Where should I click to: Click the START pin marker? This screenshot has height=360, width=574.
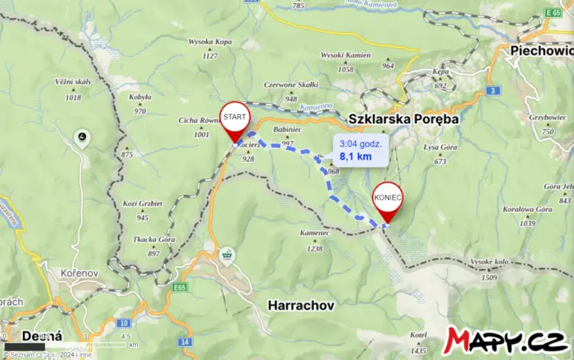(x=234, y=119)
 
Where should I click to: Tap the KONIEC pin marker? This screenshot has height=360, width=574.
(x=388, y=198)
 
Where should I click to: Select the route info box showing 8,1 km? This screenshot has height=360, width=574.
(x=360, y=149)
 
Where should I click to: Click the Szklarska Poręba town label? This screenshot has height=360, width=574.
(x=403, y=119)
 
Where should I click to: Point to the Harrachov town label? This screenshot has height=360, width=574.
(x=301, y=305)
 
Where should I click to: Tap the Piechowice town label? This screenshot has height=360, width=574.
(x=541, y=50)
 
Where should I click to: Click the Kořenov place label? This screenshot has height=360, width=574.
(x=82, y=272)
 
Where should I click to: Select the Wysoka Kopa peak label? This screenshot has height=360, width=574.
(x=209, y=42)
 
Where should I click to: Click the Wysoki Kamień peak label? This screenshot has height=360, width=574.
(x=346, y=55)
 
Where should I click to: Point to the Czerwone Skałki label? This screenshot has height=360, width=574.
(x=290, y=85)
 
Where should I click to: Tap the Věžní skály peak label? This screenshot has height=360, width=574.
(x=73, y=82)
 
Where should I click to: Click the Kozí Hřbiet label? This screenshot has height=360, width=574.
(x=142, y=203)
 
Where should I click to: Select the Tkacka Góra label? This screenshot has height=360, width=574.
(x=153, y=239)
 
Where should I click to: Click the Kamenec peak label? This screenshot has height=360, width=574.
(x=315, y=233)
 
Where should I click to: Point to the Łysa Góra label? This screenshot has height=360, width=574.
(x=441, y=147)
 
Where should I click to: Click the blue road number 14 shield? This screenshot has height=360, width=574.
(x=184, y=342)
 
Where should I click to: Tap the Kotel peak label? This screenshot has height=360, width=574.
(x=418, y=335)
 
